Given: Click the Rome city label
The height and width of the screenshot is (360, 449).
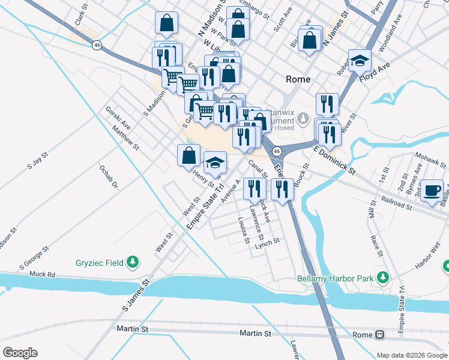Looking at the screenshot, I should (298, 79).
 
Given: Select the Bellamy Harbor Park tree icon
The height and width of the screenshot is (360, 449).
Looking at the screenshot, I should (381, 278).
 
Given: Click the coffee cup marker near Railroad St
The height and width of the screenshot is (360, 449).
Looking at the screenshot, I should (432, 190).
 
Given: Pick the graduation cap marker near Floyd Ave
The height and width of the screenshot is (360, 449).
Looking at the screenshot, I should (360, 61).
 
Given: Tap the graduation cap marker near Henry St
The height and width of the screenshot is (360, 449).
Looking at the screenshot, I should (215, 163).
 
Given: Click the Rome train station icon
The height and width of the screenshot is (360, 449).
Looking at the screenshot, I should (379, 334).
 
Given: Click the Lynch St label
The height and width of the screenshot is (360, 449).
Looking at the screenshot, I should (267, 242).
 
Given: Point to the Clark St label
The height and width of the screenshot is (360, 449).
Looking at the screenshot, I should (82, 17).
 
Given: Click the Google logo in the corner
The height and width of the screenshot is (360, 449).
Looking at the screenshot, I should (20, 353).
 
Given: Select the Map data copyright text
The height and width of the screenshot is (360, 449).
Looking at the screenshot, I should (412, 355).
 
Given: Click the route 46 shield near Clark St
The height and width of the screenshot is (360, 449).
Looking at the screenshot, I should (96, 44).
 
